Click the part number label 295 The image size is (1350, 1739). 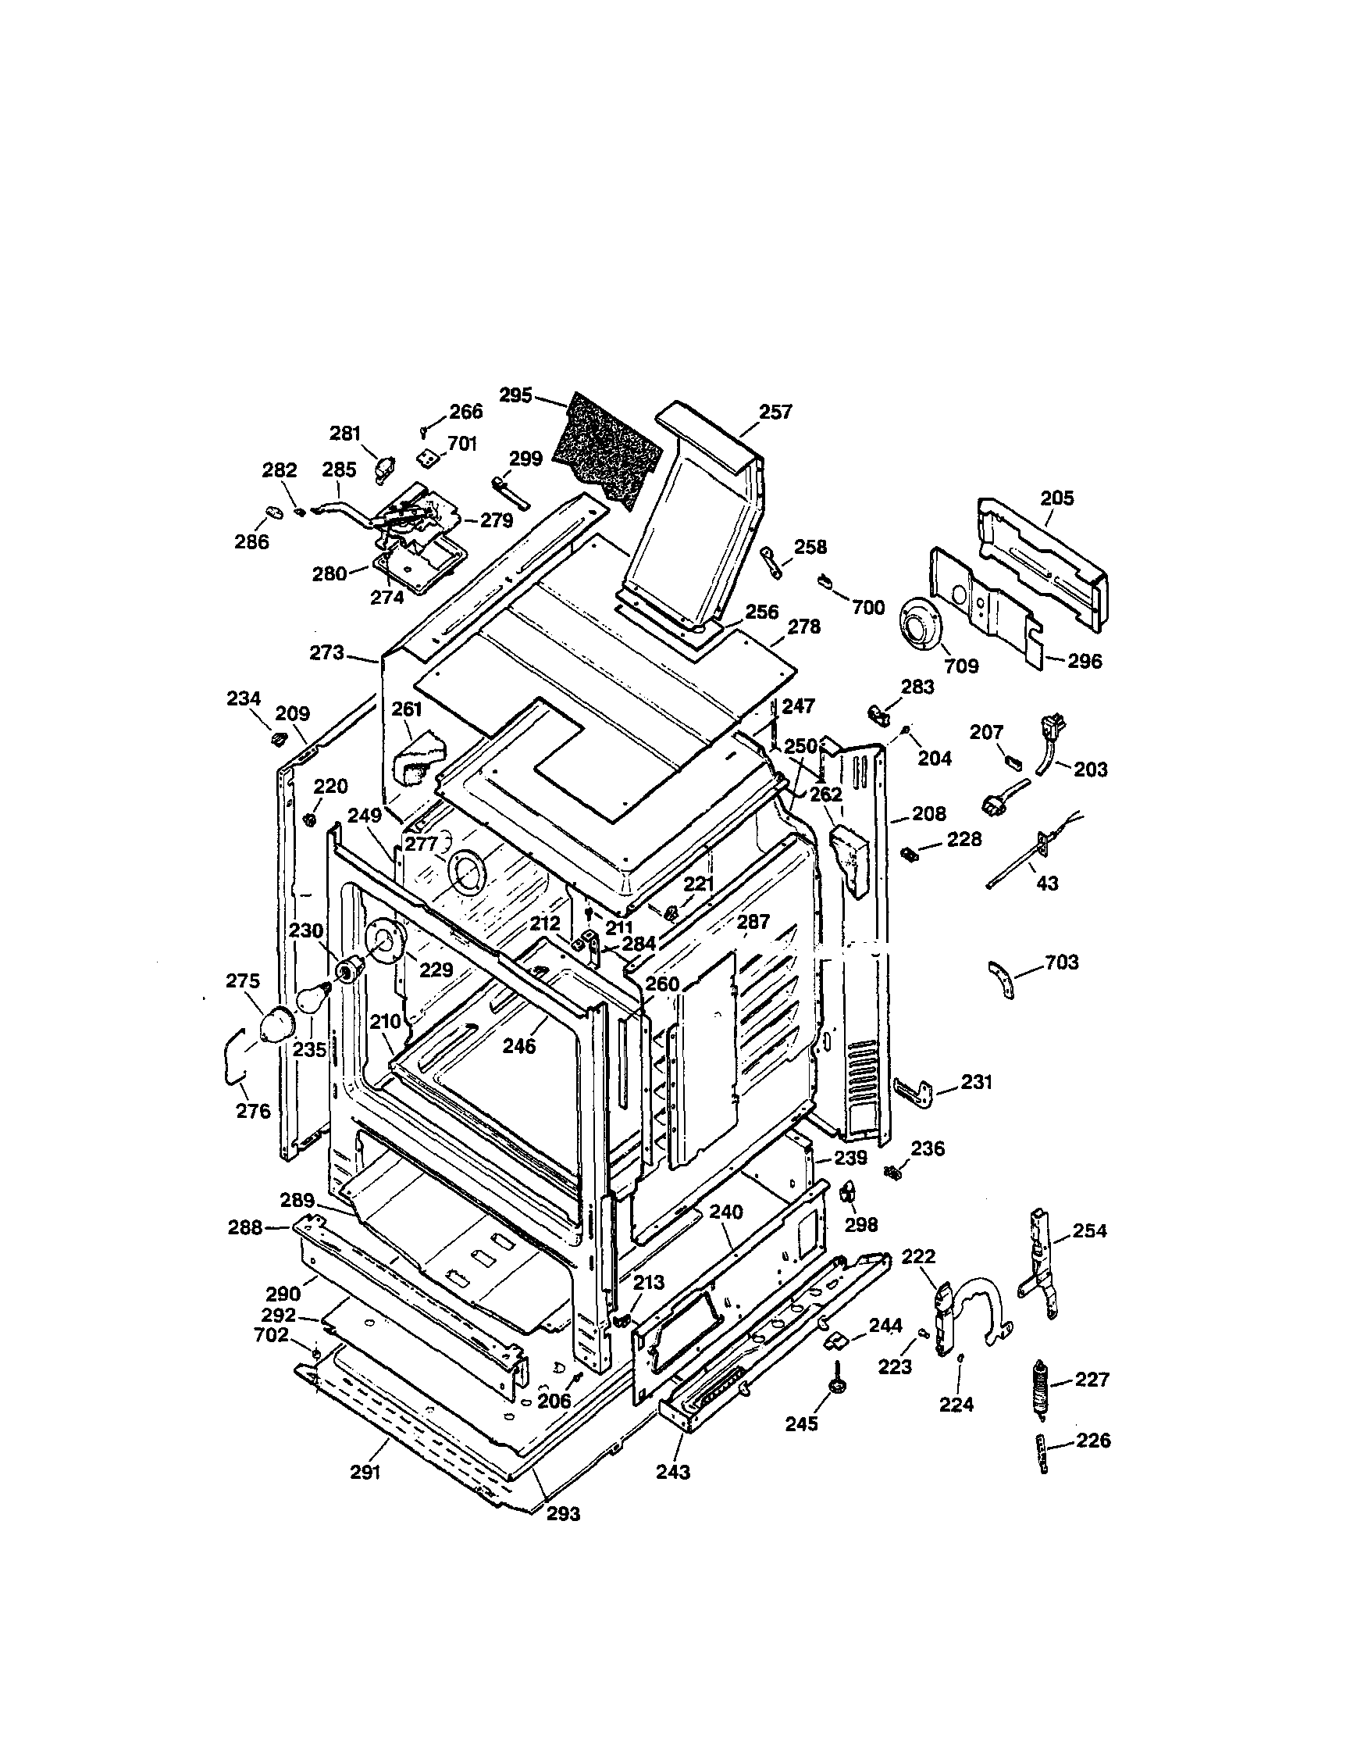coord(516,395)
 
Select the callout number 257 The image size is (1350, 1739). coord(775,412)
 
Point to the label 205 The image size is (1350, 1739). coord(1057,498)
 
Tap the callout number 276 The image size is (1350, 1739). coord(253,1111)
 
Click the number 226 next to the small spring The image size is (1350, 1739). coord(1093,1441)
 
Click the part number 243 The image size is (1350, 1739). coord(672,1473)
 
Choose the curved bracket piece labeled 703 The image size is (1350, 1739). coord(1001,979)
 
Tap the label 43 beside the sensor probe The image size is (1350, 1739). coord(1047,883)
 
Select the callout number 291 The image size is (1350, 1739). coord(365,1473)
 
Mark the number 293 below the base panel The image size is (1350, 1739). coord(563,1514)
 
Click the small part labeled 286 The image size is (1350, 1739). coord(273,512)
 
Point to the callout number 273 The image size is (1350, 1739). coord(326,653)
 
